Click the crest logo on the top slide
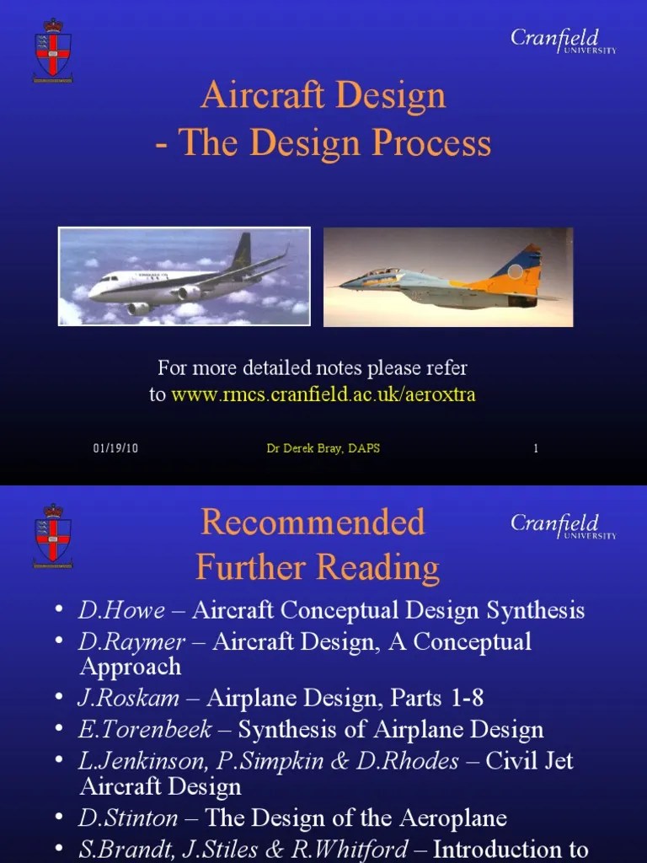click(52, 50)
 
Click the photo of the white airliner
click(184, 276)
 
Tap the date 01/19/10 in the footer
click(115, 448)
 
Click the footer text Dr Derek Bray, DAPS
click(323, 448)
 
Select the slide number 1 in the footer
click(535, 448)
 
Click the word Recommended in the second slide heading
click(313, 523)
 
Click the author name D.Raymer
click(132, 642)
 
